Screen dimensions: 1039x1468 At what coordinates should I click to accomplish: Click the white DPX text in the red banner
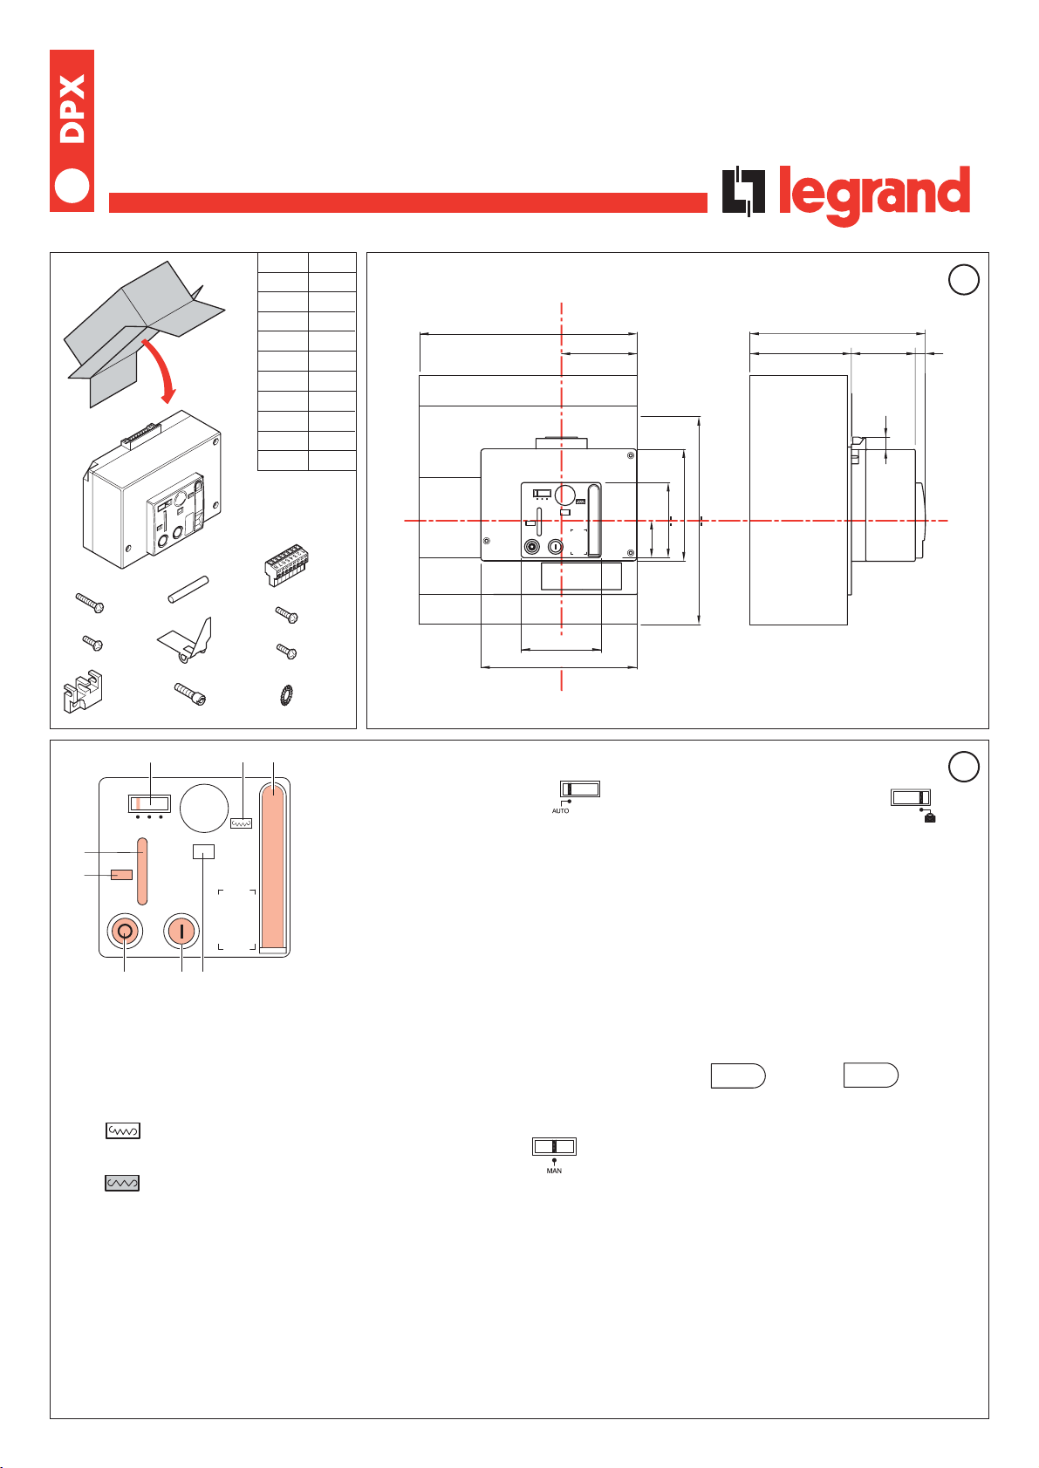72,109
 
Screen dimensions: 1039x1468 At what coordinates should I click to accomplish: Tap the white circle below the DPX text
72,186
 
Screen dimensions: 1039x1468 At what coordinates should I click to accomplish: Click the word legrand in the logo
874,195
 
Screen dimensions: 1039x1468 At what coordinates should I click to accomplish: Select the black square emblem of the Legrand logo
743,191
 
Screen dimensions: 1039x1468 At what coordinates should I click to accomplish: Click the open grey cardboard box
144,333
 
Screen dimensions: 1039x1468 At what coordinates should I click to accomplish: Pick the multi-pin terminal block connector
286,564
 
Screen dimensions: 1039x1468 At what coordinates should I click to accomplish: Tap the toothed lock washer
286,694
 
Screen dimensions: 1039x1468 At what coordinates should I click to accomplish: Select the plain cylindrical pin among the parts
188,589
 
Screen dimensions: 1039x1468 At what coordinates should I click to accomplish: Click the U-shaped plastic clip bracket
83,691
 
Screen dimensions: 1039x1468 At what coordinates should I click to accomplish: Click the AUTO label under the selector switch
560,810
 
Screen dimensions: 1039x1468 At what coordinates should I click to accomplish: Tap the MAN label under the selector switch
554,1171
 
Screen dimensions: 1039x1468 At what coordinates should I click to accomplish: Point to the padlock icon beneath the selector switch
930,817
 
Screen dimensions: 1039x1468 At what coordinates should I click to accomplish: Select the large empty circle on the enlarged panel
204,808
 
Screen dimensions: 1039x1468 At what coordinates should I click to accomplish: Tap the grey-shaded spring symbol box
122,1183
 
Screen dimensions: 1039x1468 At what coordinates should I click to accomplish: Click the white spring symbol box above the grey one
123,1130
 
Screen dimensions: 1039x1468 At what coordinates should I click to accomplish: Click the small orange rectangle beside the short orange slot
121,874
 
